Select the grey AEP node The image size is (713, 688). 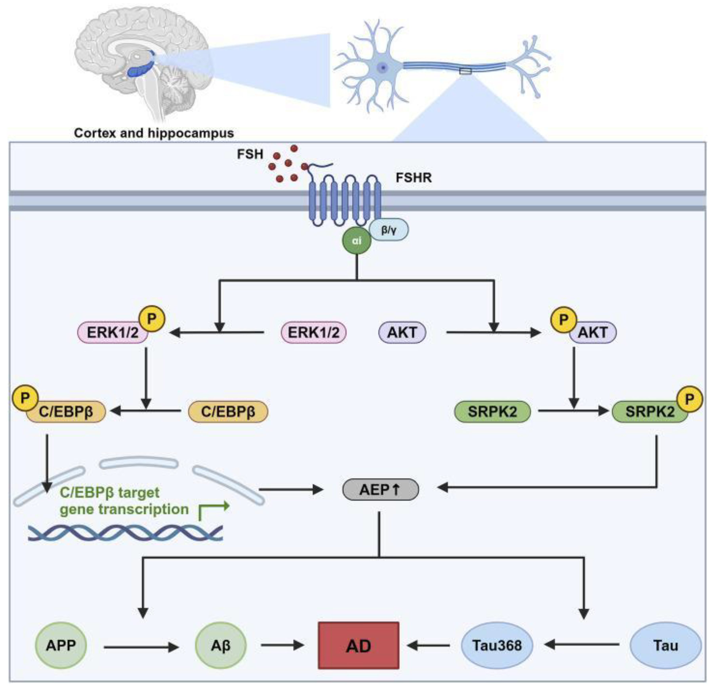pos(380,490)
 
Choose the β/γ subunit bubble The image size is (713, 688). pos(389,229)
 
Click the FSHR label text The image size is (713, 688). pos(414,178)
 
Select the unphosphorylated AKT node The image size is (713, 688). pos(402,332)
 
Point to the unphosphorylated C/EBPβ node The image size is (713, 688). pos(228,412)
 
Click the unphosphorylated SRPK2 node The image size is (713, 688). pos(493,412)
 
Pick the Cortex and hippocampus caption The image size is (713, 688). pos(154,133)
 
